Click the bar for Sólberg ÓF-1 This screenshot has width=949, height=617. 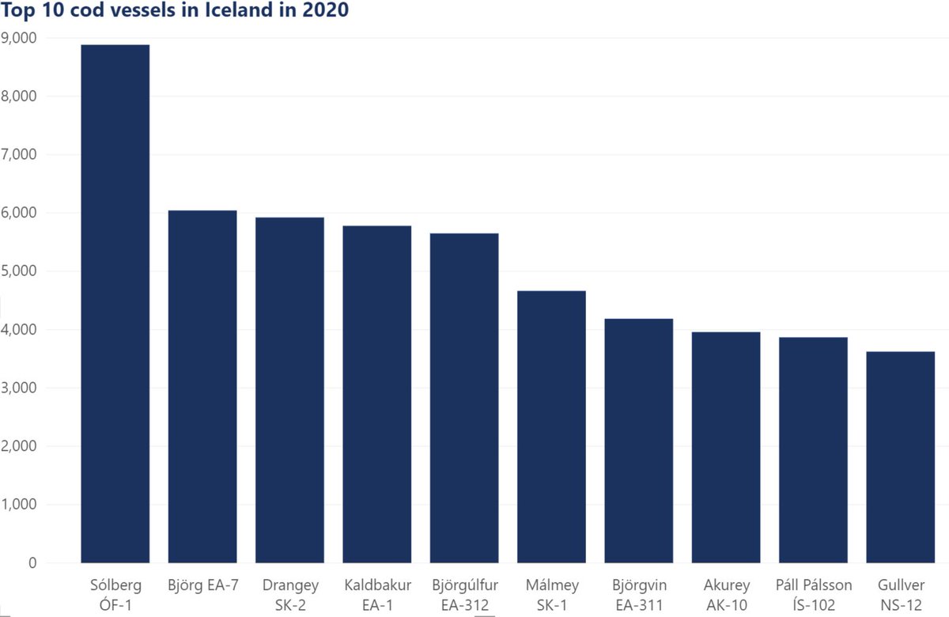[115, 304]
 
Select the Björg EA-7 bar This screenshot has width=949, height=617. [202, 387]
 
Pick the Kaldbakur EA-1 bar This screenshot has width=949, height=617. [377, 395]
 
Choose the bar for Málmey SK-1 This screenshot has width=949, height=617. [551, 427]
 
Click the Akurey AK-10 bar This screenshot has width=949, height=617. [726, 448]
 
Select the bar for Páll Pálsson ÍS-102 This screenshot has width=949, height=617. [813, 450]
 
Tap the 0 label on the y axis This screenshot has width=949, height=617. [32, 563]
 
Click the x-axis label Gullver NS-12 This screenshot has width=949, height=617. [900, 594]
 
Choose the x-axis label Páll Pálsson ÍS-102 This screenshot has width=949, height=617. [813, 594]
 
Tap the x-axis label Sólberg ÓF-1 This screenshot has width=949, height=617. [115, 594]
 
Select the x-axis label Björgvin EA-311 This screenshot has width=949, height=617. [638, 594]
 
